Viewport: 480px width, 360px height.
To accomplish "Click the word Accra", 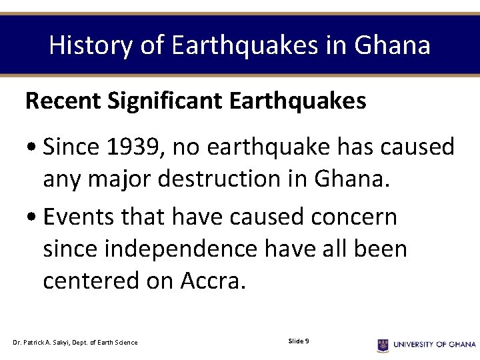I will coord(213,281).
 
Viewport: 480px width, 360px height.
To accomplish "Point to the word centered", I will coord(91,281).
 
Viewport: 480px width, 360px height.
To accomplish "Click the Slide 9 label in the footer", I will coord(298,341).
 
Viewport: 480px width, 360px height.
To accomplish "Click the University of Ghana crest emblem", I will coord(383,345).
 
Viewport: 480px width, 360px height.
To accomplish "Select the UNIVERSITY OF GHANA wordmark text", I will coord(434,345).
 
